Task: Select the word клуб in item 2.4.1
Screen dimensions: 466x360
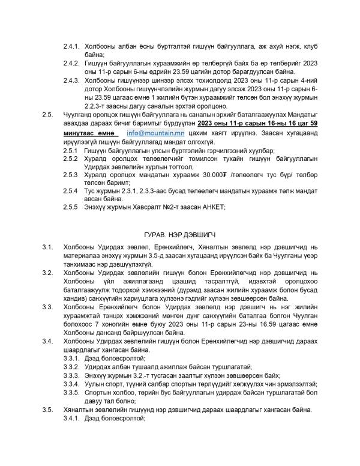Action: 302,45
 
